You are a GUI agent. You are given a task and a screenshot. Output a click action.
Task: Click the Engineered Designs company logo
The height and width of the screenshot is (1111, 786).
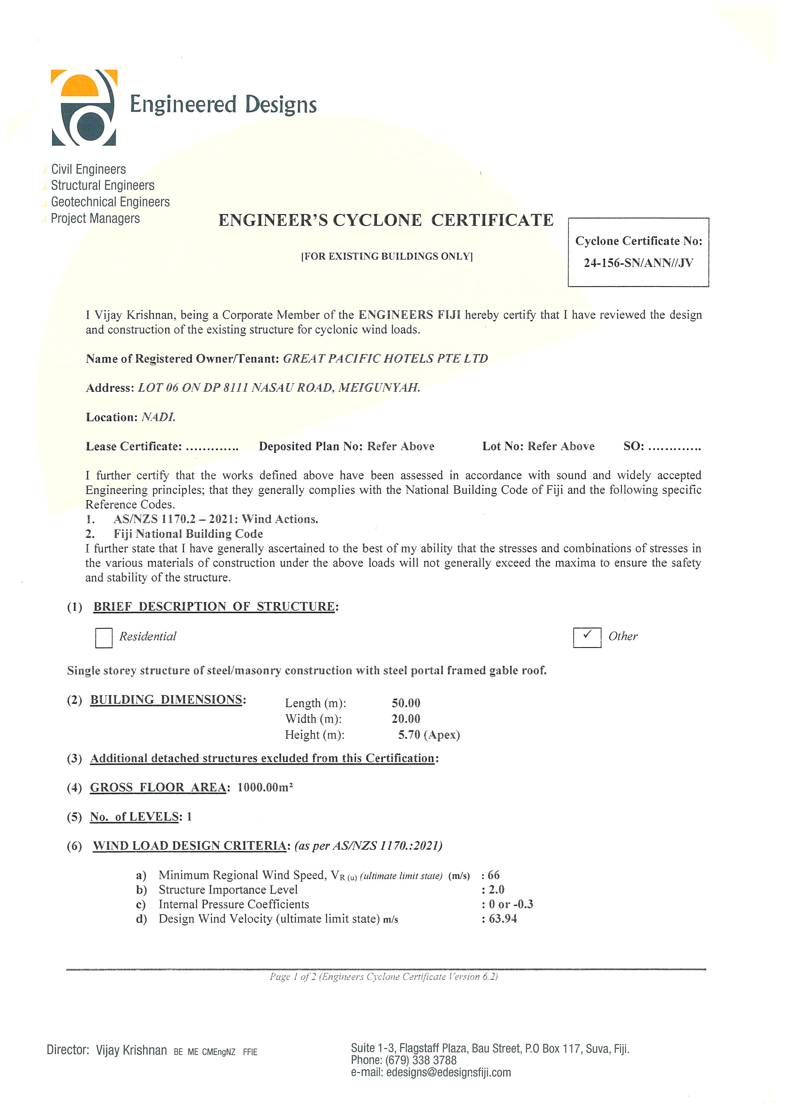84,107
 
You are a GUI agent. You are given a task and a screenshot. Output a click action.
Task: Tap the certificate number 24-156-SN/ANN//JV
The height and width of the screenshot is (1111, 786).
638,263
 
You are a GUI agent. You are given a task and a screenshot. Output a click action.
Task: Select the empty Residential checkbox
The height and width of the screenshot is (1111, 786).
104,638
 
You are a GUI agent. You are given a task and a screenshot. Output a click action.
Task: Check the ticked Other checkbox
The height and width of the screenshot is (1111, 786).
587,637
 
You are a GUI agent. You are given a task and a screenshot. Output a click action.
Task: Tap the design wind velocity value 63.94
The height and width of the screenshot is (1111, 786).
503,919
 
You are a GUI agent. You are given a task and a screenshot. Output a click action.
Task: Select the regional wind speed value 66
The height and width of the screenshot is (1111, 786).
494,875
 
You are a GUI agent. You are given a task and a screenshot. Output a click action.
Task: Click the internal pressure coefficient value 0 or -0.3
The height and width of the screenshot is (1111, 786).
511,905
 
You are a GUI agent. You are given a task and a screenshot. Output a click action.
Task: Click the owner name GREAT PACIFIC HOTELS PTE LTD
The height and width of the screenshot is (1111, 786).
385,359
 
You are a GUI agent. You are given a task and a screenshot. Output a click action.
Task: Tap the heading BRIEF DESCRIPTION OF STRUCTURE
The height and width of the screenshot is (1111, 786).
214,607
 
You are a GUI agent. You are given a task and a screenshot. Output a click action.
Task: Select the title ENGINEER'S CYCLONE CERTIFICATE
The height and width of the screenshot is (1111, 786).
386,220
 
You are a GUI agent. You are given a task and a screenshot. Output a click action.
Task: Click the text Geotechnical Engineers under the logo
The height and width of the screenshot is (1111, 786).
110,202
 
